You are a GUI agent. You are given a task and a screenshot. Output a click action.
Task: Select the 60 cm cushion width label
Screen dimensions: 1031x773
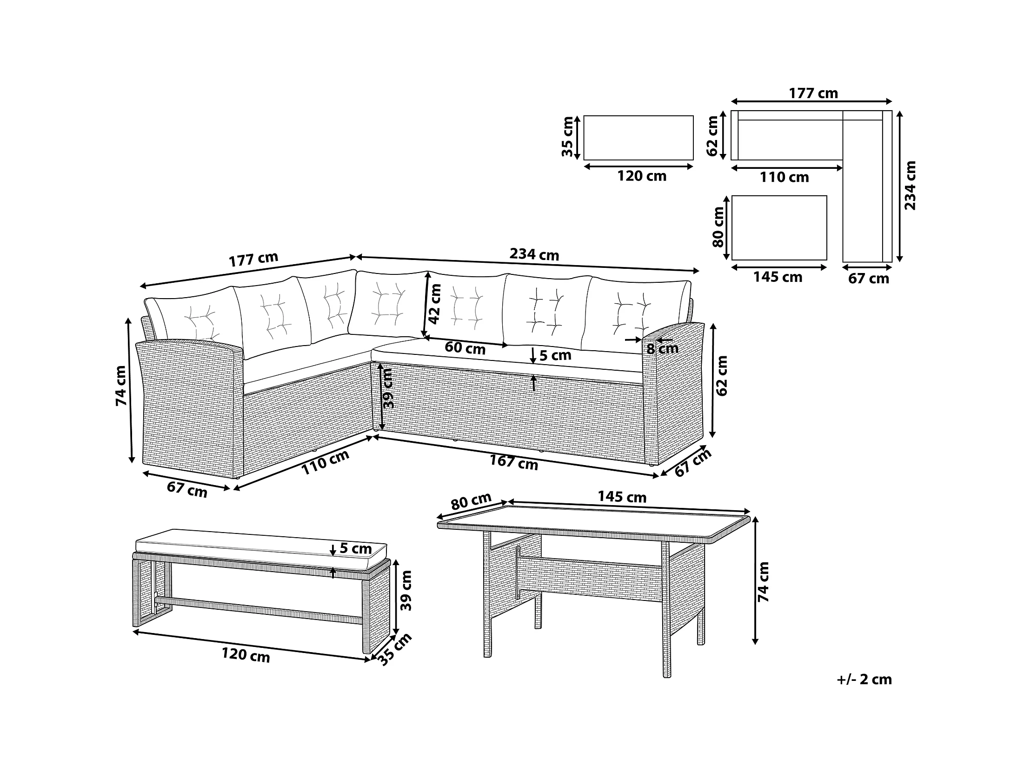coord(465,348)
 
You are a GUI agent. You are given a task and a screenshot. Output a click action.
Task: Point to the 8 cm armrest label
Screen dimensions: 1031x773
coord(662,348)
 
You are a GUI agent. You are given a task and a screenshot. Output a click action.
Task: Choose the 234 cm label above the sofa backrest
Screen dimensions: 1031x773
coord(534,254)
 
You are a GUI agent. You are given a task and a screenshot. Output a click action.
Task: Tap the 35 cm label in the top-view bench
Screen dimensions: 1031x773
coord(567,137)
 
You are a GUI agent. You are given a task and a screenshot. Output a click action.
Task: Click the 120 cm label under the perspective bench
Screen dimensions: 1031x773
coord(246,654)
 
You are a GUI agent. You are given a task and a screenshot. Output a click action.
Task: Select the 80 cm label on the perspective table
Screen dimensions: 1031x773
coord(471,502)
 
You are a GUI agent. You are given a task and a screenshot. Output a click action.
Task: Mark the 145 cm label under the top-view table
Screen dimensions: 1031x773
coord(778,277)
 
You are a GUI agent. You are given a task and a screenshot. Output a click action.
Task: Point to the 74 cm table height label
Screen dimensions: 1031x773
coord(763,582)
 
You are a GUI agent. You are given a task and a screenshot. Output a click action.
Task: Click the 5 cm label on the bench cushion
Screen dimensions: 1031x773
coord(355,548)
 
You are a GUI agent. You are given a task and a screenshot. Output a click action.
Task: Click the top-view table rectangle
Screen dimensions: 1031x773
coord(779,227)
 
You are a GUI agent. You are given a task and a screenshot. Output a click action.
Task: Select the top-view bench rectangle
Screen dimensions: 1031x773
coord(638,138)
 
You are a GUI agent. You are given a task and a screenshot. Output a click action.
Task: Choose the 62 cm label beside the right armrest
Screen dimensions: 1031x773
coord(721,376)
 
